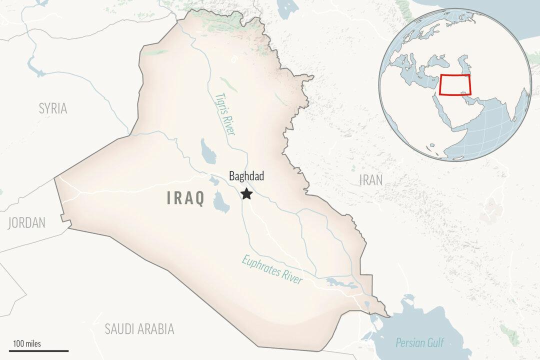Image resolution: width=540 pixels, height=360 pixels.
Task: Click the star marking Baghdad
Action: tap(246, 193)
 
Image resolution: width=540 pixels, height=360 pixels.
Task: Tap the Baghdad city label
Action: tap(246, 176)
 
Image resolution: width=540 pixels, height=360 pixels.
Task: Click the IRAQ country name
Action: tap(185, 198)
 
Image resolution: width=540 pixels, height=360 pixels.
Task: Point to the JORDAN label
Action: tap(26, 223)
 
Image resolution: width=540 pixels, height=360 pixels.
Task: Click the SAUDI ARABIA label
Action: tap(139, 328)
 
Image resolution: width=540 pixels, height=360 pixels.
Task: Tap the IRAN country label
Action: tap(370, 180)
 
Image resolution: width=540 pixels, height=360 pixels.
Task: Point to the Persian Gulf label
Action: tap(419, 343)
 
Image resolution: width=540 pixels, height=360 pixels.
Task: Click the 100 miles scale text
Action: tap(27, 343)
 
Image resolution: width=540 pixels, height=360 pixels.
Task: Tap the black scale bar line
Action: tap(38, 350)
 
